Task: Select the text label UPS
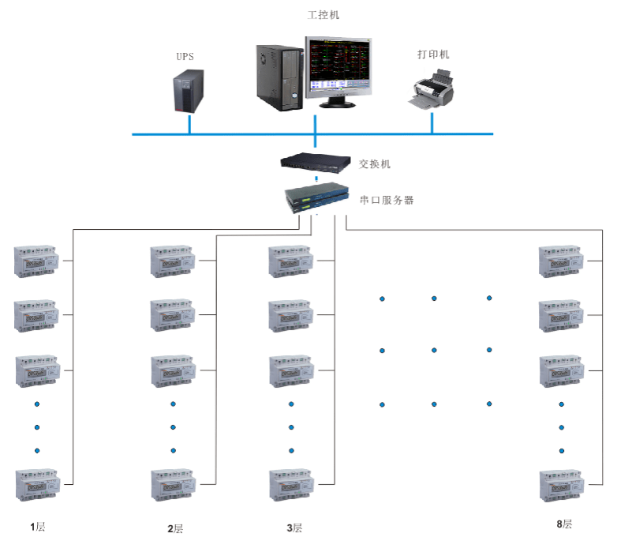coord(185,57)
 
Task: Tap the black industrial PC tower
coord(280,76)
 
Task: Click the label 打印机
coord(433,54)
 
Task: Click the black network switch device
coord(316,163)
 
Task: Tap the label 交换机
coord(375,164)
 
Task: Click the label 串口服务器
coord(387,200)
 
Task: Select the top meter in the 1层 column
coord(36,261)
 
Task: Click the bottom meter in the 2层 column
coord(173,485)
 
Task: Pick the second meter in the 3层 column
coord(291,315)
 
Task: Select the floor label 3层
coord(294,528)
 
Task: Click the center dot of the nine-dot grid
coord(434,350)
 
